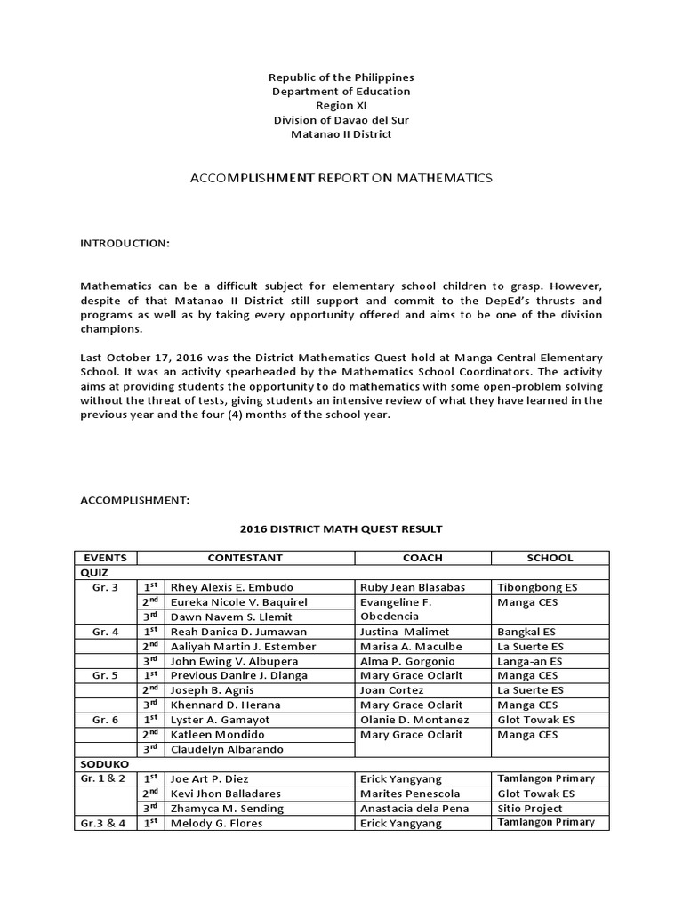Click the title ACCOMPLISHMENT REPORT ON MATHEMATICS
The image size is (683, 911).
[x=341, y=179]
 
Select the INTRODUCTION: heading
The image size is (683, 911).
[x=125, y=243]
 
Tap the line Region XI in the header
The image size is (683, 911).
[x=341, y=106]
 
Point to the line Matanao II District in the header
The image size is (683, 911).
[x=341, y=134]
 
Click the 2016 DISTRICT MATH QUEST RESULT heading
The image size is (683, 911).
[x=341, y=529]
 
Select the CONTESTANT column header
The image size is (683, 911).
[x=245, y=558]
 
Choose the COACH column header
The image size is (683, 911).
[x=422, y=558]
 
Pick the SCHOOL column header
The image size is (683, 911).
[x=550, y=558]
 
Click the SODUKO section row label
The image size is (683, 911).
[x=105, y=763]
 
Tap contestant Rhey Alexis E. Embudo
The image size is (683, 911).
[x=231, y=587]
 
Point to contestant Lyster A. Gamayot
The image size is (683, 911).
[x=220, y=720]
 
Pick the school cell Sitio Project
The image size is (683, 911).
[x=530, y=808]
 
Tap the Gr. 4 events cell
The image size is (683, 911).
[x=105, y=632]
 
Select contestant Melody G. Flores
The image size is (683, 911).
[x=220, y=823]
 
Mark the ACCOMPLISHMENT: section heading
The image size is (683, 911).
[x=135, y=501]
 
